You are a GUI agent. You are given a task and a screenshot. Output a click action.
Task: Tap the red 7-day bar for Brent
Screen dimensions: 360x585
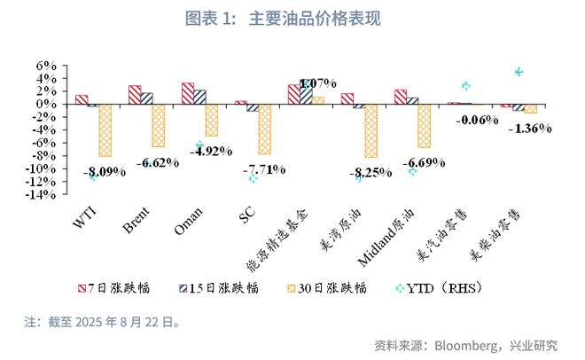(x=135, y=95)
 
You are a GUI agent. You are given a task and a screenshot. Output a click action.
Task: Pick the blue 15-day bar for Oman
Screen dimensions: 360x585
(x=199, y=97)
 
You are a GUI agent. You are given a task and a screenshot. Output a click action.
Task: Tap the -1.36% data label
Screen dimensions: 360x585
(x=529, y=128)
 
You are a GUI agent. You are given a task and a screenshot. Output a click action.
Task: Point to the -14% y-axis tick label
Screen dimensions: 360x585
(x=41, y=194)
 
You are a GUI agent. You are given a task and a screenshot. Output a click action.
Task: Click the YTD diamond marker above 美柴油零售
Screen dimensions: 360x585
(x=519, y=72)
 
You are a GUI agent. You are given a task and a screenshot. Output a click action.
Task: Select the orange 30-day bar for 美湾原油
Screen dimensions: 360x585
(x=370, y=131)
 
